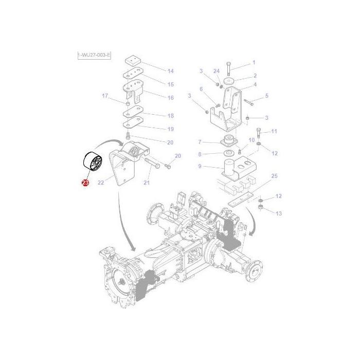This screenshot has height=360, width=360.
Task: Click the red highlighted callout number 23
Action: coord(84,183)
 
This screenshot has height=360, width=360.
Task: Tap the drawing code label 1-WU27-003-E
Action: coord(95,55)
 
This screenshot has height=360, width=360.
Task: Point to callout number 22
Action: coord(101,182)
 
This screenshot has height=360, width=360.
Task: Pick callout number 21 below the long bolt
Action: coord(147,184)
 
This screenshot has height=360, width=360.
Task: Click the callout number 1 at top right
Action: coord(254,63)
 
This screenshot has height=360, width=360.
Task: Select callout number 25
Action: coord(274,176)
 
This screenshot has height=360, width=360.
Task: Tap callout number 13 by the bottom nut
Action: coord(279,213)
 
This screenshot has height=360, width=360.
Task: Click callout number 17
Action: coord(105,96)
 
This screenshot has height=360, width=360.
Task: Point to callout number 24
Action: coord(216,70)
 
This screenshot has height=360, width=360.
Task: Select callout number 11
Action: coord(274,132)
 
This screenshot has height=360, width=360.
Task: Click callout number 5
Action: coord(266,96)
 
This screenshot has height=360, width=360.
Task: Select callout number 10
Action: coord(251,140)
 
